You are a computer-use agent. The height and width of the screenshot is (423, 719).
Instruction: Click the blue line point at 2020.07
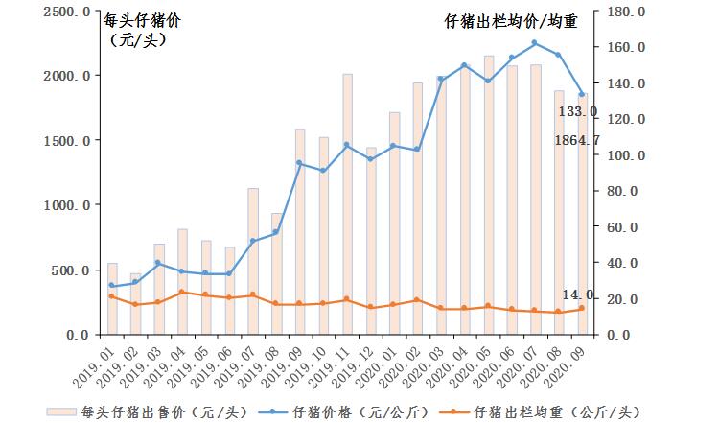(534, 43)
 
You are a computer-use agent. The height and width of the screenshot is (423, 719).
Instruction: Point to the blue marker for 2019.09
(299, 163)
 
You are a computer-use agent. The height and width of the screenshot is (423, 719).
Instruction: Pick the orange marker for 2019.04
(182, 292)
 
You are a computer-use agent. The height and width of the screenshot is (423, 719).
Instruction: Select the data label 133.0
(578, 112)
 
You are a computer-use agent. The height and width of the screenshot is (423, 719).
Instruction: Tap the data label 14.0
(577, 295)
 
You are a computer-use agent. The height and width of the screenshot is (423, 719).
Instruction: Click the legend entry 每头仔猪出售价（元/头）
(158, 411)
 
